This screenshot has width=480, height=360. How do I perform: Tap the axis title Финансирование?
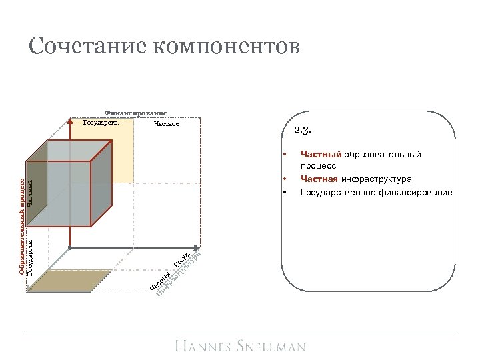136,113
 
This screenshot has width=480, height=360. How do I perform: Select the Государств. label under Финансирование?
100,123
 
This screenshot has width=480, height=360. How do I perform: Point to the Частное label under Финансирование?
166,123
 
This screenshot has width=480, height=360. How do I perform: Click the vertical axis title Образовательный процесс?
22,226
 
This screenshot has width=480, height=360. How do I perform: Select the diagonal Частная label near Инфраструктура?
159,281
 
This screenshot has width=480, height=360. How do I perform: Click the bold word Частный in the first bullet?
319,155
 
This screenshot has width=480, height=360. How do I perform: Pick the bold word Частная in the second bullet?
319,179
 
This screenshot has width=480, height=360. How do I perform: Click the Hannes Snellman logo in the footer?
241,346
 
